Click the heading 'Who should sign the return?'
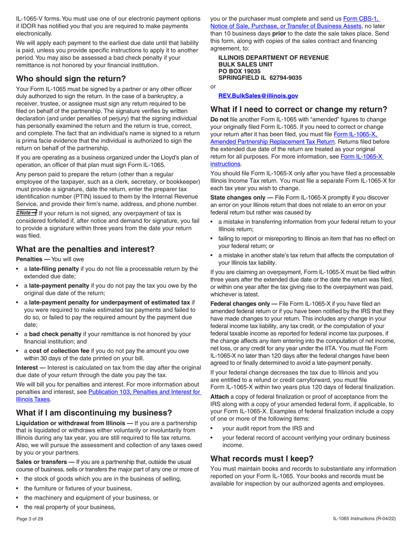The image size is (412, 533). (x=71, y=79)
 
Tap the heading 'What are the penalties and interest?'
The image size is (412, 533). (x=85, y=249)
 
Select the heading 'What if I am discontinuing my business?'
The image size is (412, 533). (x=94, y=413)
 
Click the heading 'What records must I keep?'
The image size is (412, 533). (x=262, y=458)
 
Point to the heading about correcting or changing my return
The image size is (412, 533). (x=298, y=109)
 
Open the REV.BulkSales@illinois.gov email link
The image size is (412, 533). (x=258, y=96)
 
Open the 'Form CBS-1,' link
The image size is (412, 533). (x=361, y=19)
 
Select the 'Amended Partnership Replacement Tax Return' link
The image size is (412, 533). (x=272, y=141)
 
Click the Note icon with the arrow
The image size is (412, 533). (x=26, y=212)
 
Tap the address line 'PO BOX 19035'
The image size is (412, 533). (x=239, y=71)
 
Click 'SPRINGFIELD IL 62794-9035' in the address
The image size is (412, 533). (x=260, y=78)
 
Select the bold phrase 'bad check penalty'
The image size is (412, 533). (x=55, y=334)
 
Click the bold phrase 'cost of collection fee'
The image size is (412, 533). (x=59, y=351)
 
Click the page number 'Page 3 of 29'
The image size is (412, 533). (x=30, y=519)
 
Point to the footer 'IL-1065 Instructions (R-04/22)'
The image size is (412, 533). (x=364, y=519)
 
